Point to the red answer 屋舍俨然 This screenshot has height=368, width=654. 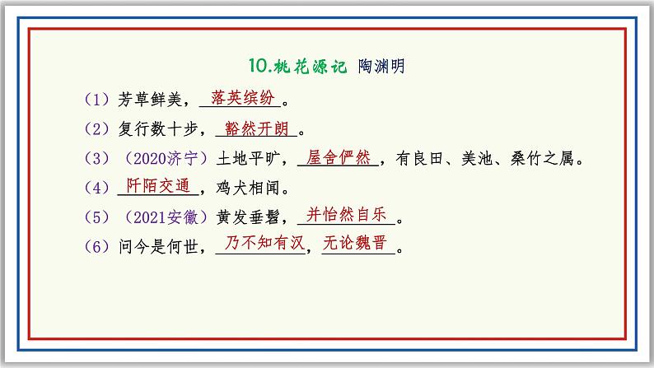coord(338,157)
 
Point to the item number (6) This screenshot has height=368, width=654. coord(97,247)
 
